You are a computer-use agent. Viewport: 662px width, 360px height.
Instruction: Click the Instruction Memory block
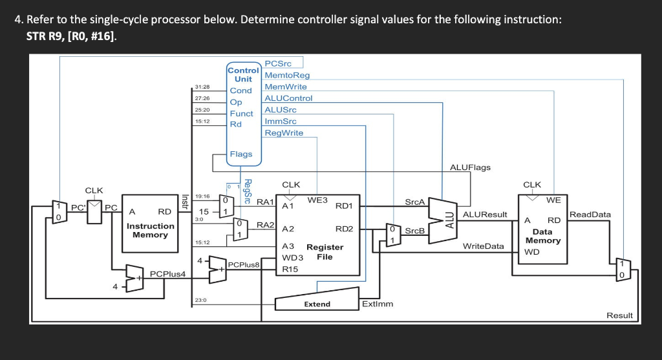[x=150, y=229]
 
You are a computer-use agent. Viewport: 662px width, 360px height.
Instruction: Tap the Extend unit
[x=317, y=301]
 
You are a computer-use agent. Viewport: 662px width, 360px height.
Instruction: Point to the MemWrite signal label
[x=285, y=87]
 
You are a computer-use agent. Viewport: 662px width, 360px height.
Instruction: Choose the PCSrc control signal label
[x=279, y=63]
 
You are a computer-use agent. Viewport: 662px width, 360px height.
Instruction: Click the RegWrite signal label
[x=284, y=133]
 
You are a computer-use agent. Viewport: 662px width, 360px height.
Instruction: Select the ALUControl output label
[x=288, y=98]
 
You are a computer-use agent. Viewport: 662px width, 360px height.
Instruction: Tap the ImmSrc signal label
[x=281, y=122]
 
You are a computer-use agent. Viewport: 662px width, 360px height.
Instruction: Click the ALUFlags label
[x=469, y=167]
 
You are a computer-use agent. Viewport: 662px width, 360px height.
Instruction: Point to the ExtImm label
[x=378, y=303]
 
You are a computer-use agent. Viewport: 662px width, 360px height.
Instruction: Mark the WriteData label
[x=483, y=246]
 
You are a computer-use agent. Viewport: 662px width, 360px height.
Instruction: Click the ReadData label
[x=590, y=214]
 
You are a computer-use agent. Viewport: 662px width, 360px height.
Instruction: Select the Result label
[x=619, y=315]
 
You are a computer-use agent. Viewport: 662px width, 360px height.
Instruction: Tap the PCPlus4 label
[x=167, y=274]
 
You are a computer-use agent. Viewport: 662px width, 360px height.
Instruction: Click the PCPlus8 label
[x=244, y=264]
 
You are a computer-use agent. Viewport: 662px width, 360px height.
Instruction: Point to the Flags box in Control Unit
[x=242, y=154]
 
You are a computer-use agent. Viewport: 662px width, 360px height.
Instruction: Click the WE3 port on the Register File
[x=317, y=200]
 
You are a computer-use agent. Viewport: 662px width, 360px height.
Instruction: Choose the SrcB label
[x=414, y=231]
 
